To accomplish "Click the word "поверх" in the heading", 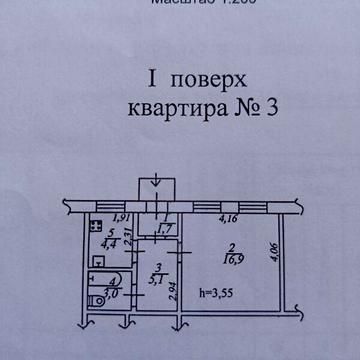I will pos(195,81).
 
